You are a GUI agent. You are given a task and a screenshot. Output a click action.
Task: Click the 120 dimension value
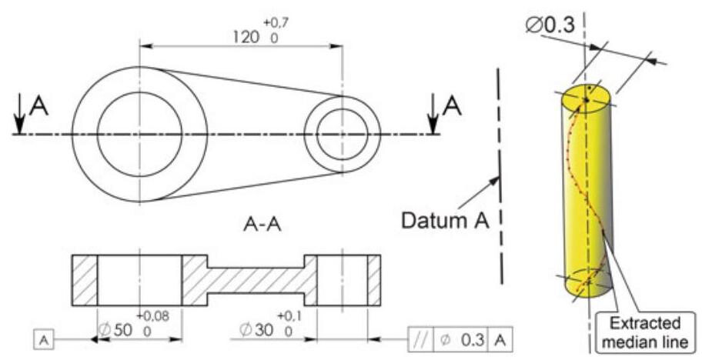click(x=246, y=35)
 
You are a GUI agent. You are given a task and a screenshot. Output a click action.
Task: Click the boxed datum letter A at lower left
click(x=44, y=338)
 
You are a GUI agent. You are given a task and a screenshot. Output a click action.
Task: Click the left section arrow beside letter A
click(x=19, y=121)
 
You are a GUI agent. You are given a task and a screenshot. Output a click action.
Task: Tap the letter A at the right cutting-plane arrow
click(x=454, y=107)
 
